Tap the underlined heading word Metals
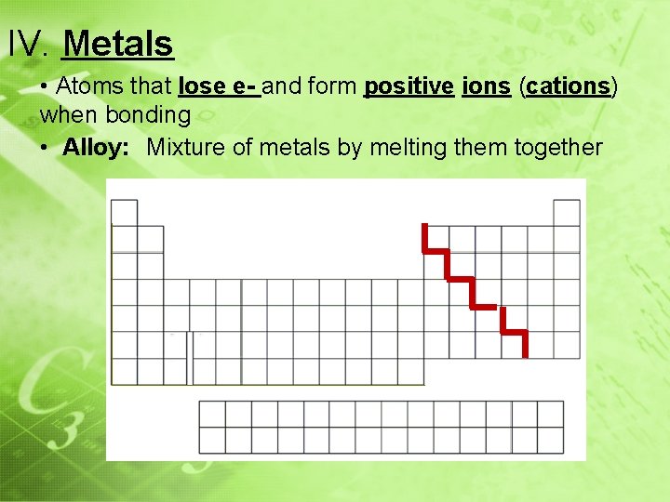click(120, 43)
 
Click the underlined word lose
click(201, 86)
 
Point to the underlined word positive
click(408, 86)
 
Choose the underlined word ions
click(486, 86)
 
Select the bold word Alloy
click(96, 147)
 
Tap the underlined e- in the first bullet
click(245, 86)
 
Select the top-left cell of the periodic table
click(124, 213)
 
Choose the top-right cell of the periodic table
click(567, 213)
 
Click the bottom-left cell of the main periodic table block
click(124, 371)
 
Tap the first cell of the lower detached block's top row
click(212, 414)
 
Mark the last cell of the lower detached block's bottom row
click(550, 440)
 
